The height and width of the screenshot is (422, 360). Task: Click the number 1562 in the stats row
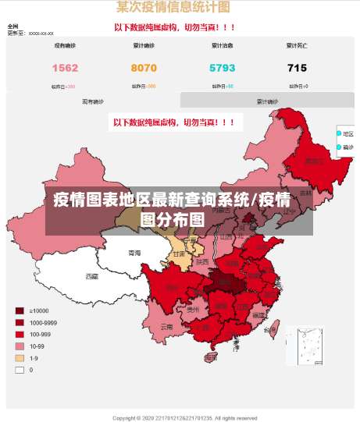[65, 69]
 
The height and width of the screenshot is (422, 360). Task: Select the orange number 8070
[144, 69]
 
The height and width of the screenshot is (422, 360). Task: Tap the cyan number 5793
[223, 69]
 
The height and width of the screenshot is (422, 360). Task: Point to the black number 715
[297, 69]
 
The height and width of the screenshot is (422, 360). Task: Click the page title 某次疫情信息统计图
[173, 8]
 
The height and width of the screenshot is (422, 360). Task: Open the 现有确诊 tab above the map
[92, 101]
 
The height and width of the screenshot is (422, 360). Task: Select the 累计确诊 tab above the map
[267, 101]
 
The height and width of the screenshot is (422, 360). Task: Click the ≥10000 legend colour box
[20, 310]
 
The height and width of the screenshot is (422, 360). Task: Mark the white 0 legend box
[20, 370]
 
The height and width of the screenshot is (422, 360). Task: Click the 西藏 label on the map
[92, 276]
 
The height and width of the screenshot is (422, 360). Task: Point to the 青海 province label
[135, 254]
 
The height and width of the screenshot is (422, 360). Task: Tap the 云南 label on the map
[166, 328]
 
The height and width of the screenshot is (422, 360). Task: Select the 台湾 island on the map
[270, 330]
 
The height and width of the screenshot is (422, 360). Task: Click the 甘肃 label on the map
[179, 254]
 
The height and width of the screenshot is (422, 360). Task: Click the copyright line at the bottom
[180, 417]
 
